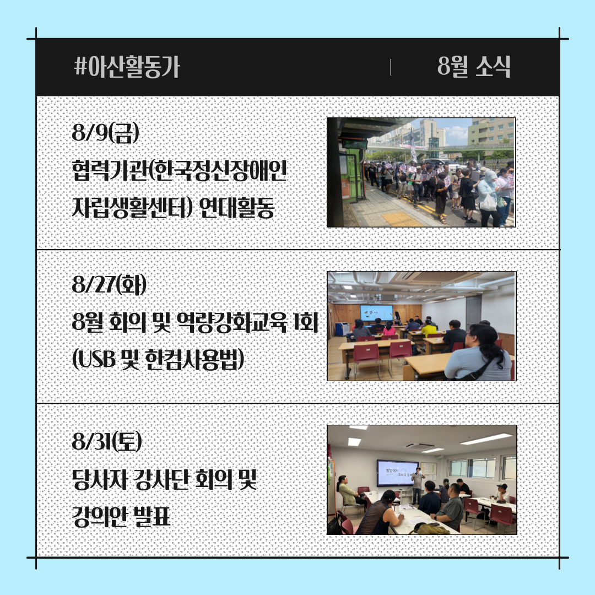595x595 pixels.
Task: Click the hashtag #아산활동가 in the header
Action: tap(126, 67)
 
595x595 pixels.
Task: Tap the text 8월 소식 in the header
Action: tap(474, 67)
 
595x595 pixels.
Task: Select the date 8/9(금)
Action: tap(105, 133)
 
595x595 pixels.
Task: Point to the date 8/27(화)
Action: tap(109, 285)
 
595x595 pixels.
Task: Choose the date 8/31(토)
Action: tap(107, 442)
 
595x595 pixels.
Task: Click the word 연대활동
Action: tap(236, 208)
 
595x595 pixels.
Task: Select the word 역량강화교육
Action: tap(232, 322)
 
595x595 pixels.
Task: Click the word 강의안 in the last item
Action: tap(99, 516)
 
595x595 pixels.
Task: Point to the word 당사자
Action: tap(99, 479)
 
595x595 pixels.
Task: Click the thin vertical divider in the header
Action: tap(391, 67)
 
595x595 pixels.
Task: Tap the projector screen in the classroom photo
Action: tap(376, 313)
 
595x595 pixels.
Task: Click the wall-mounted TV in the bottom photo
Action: tap(397, 473)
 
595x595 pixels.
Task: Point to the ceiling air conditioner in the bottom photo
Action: tap(420, 447)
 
